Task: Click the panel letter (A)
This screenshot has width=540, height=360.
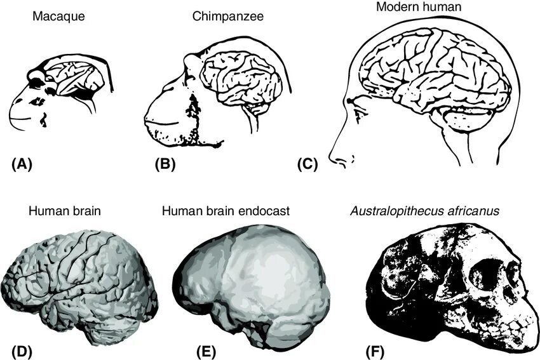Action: [x=22, y=164]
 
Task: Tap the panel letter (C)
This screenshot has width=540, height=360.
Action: [x=307, y=164]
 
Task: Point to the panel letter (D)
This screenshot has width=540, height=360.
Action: [x=22, y=349]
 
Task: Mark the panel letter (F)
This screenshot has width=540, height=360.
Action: [x=377, y=349]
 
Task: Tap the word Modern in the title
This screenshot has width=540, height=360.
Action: [x=395, y=7]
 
